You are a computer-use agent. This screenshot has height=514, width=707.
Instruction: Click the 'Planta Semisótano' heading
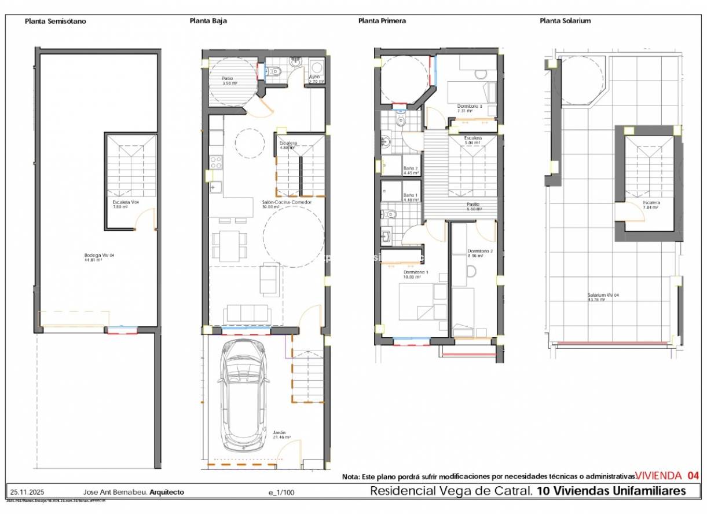(55, 21)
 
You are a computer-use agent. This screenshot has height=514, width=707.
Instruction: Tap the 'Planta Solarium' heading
(565, 21)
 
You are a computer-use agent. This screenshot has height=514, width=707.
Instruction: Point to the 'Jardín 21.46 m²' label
(281, 435)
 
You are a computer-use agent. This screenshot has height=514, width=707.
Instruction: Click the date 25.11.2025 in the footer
(24, 492)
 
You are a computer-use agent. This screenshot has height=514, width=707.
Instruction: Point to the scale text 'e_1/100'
(281, 493)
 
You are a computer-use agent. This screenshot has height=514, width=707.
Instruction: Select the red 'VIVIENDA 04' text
(667, 476)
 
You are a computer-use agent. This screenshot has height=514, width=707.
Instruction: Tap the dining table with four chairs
(229, 245)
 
